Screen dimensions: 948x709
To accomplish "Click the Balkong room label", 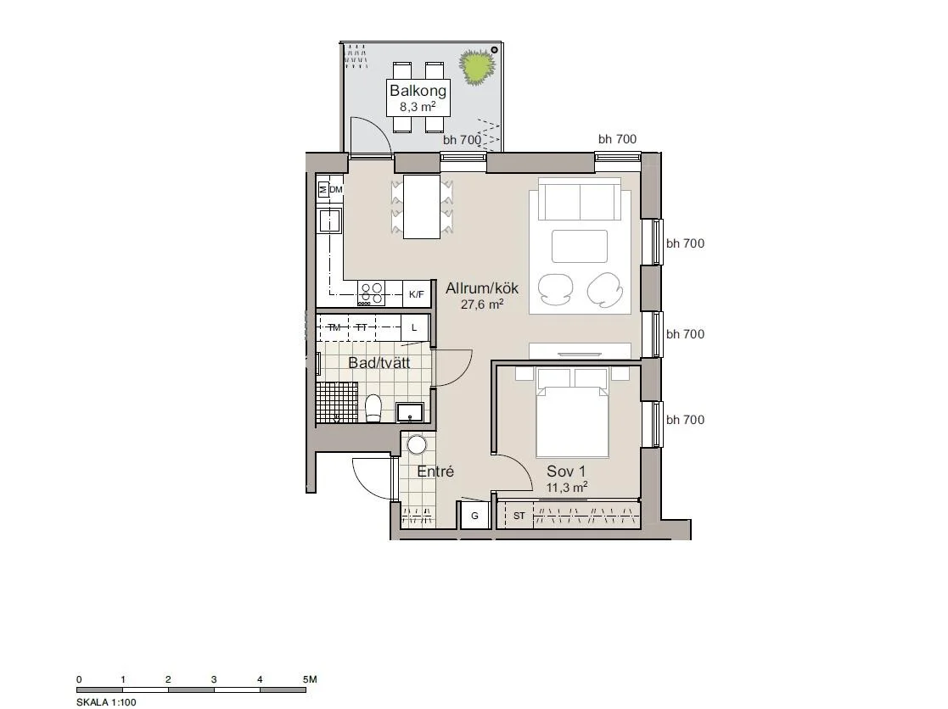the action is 418,91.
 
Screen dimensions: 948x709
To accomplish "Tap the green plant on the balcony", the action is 476,66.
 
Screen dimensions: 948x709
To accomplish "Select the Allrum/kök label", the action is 482,288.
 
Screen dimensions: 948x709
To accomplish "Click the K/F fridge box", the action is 417,295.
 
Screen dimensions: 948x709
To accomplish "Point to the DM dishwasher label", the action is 336,190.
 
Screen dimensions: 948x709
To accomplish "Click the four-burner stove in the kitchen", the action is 371,293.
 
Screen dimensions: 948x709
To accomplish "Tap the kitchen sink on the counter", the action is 330,221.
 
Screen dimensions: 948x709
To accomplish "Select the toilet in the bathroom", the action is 373,408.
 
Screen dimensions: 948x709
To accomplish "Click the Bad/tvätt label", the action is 379,363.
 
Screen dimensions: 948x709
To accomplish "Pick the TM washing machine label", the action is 334,327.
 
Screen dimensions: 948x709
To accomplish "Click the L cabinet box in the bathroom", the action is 414,327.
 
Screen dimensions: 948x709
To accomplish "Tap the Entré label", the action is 435,472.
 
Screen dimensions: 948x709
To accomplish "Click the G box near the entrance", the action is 474,515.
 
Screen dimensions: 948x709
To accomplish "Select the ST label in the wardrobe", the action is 519,516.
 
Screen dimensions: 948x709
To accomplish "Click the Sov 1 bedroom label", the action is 566,471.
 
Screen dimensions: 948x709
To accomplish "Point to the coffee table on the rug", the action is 579,247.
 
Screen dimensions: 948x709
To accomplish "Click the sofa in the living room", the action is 580,199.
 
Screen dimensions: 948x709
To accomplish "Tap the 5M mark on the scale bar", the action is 310,679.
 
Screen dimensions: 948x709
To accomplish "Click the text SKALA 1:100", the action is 106,701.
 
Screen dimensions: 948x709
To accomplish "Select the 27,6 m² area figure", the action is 482,304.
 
